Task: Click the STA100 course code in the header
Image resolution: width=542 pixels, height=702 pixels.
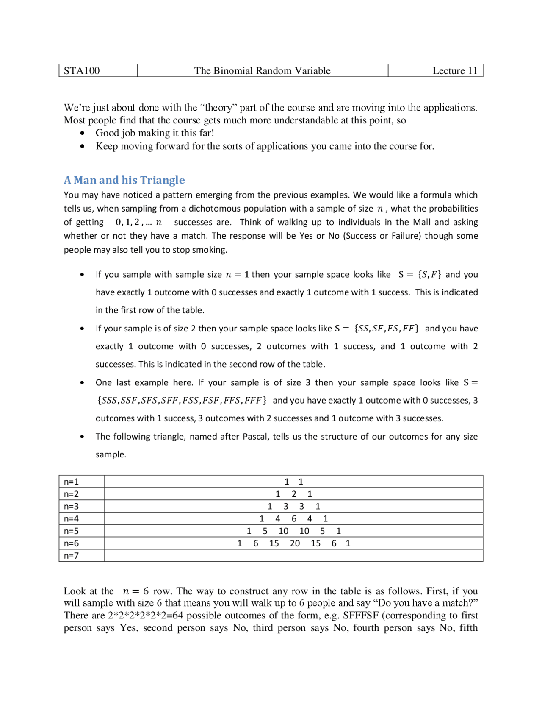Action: tap(82, 71)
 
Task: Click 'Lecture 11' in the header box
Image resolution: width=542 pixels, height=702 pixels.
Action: tap(454, 71)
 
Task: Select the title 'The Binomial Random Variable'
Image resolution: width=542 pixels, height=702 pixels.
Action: tap(262, 71)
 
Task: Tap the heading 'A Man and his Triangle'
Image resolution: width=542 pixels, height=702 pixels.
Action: tap(124, 180)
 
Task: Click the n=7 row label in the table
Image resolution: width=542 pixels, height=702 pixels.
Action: tap(71, 556)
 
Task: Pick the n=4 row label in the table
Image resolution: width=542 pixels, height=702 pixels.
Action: tap(71, 519)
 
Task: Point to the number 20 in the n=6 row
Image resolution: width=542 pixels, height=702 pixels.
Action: tap(295, 543)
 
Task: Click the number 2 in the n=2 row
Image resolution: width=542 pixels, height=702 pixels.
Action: tap(294, 494)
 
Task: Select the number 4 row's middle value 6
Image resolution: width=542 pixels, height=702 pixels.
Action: tap(294, 519)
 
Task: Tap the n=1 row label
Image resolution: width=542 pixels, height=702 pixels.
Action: tap(71, 482)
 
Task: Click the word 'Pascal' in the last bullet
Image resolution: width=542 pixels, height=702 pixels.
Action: tap(255, 437)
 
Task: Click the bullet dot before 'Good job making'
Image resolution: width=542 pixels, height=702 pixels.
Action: tap(82, 133)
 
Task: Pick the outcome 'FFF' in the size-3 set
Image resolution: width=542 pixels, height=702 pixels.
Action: tap(253, 401)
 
